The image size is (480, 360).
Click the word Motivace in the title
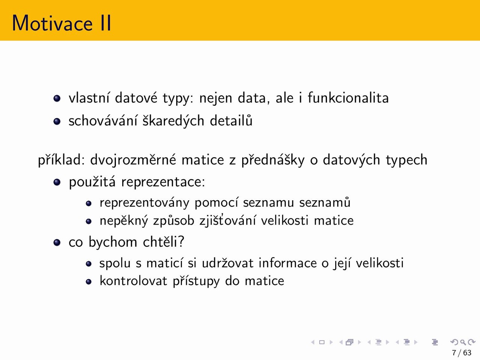pyautogui.click(x=52, y=23)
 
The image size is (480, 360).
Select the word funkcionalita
pyautogui.click(x=348, y=98)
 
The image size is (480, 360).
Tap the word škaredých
pyautogui.click(x=173, y=121)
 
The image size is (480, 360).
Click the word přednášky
pyautogui.click(x=273, y=160)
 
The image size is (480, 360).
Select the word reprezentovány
pyautogui.click(x=144, y=202)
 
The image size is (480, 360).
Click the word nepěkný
pyautogui.click(x=124, y=220)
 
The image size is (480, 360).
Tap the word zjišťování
pyautogui.click(x=228, y=220)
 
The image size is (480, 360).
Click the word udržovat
pyautogui.click(x=228, y=262)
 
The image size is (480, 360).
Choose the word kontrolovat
pyautogui.click(x=133, y=280)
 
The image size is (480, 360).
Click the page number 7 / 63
pyautogui.click(x=462, y=353)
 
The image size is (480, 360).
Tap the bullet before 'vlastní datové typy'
pyautogui.click(x=57, y=98)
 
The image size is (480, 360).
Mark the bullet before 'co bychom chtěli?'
pyautogui.click(x=57, y=242)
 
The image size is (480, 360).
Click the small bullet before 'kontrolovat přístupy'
pyautogui.click(x=88, y=282)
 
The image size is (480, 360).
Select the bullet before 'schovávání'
pyautogui.click(x=57, y=121)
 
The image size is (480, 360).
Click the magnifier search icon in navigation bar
pyautogui.click(x=463, y=342)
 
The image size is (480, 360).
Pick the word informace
pyautogui.click(x=288, y=262)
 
